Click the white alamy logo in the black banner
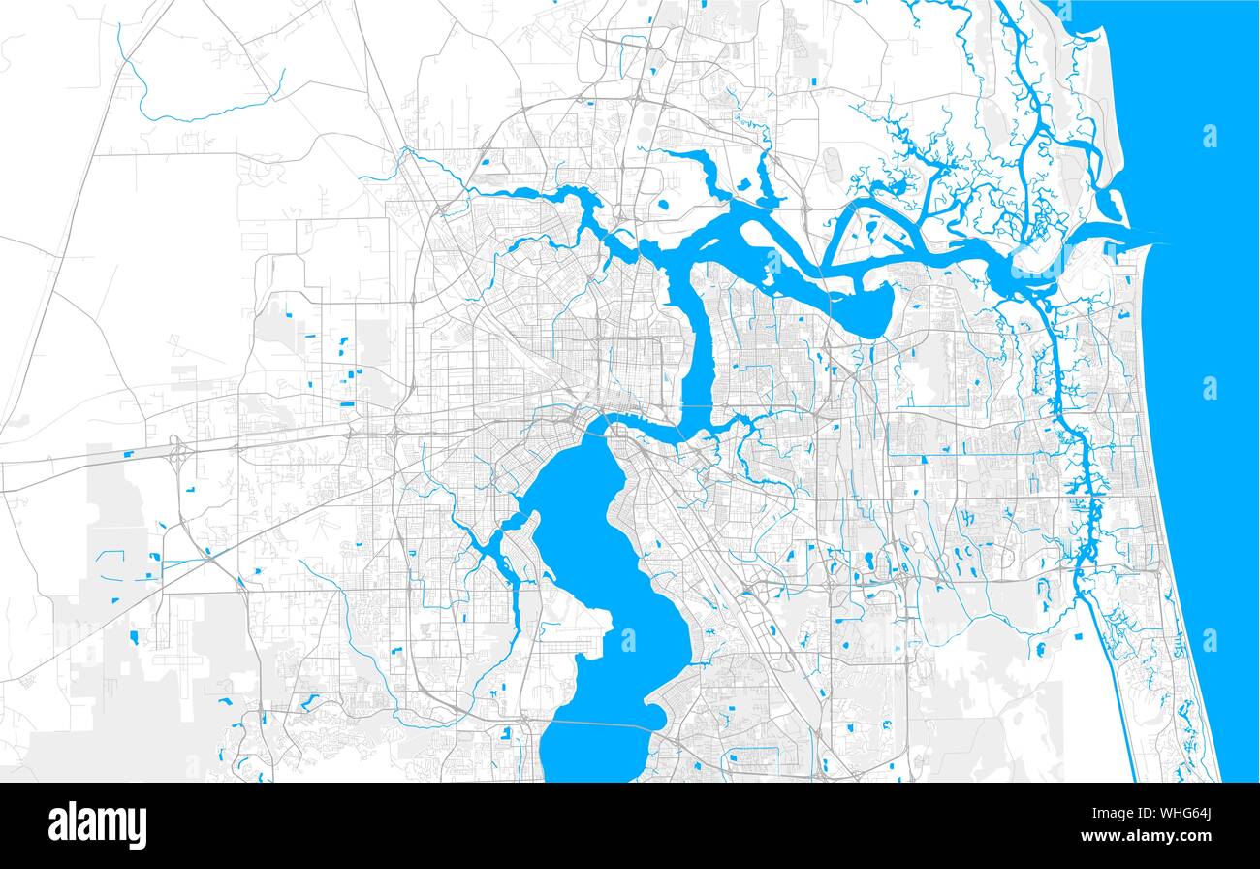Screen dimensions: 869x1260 click(97, 824)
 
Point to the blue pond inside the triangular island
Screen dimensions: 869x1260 click(871, 230)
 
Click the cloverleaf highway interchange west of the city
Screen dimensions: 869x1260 click(178, 452)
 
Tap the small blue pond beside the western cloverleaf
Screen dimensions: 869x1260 click(128, 454)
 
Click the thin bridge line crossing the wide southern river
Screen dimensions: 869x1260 click(601, 723)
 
